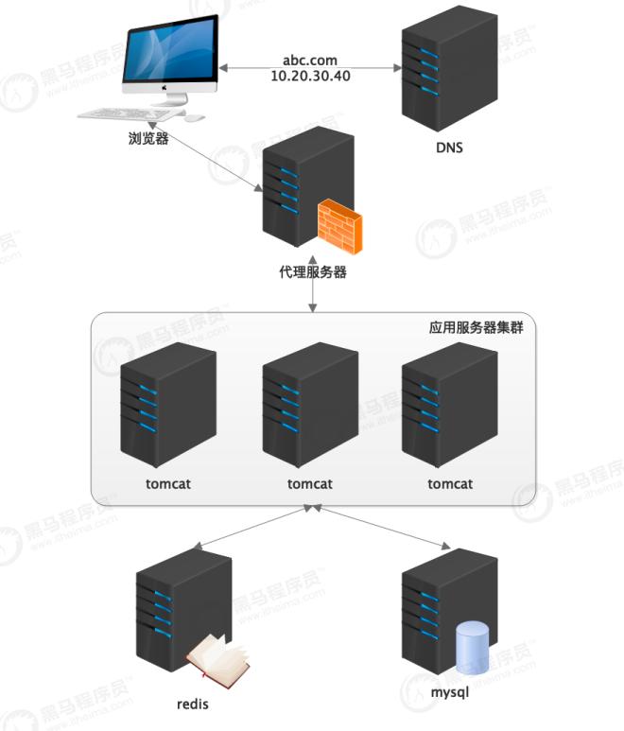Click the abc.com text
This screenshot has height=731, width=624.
coord(309,58)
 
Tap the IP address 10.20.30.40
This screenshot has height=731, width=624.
coord(310,76)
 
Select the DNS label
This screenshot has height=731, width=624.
coord(449,148)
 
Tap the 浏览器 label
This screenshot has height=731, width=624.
coord(148,139)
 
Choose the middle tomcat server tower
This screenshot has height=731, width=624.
coord(309,402)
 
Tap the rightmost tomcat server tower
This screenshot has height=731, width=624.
coord(449,402)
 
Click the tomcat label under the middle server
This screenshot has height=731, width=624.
coord(309,483)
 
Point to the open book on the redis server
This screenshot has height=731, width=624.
coord(217,656)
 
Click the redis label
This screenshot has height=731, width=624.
coord(192,704)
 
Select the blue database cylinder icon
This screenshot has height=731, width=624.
coord(472,650)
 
